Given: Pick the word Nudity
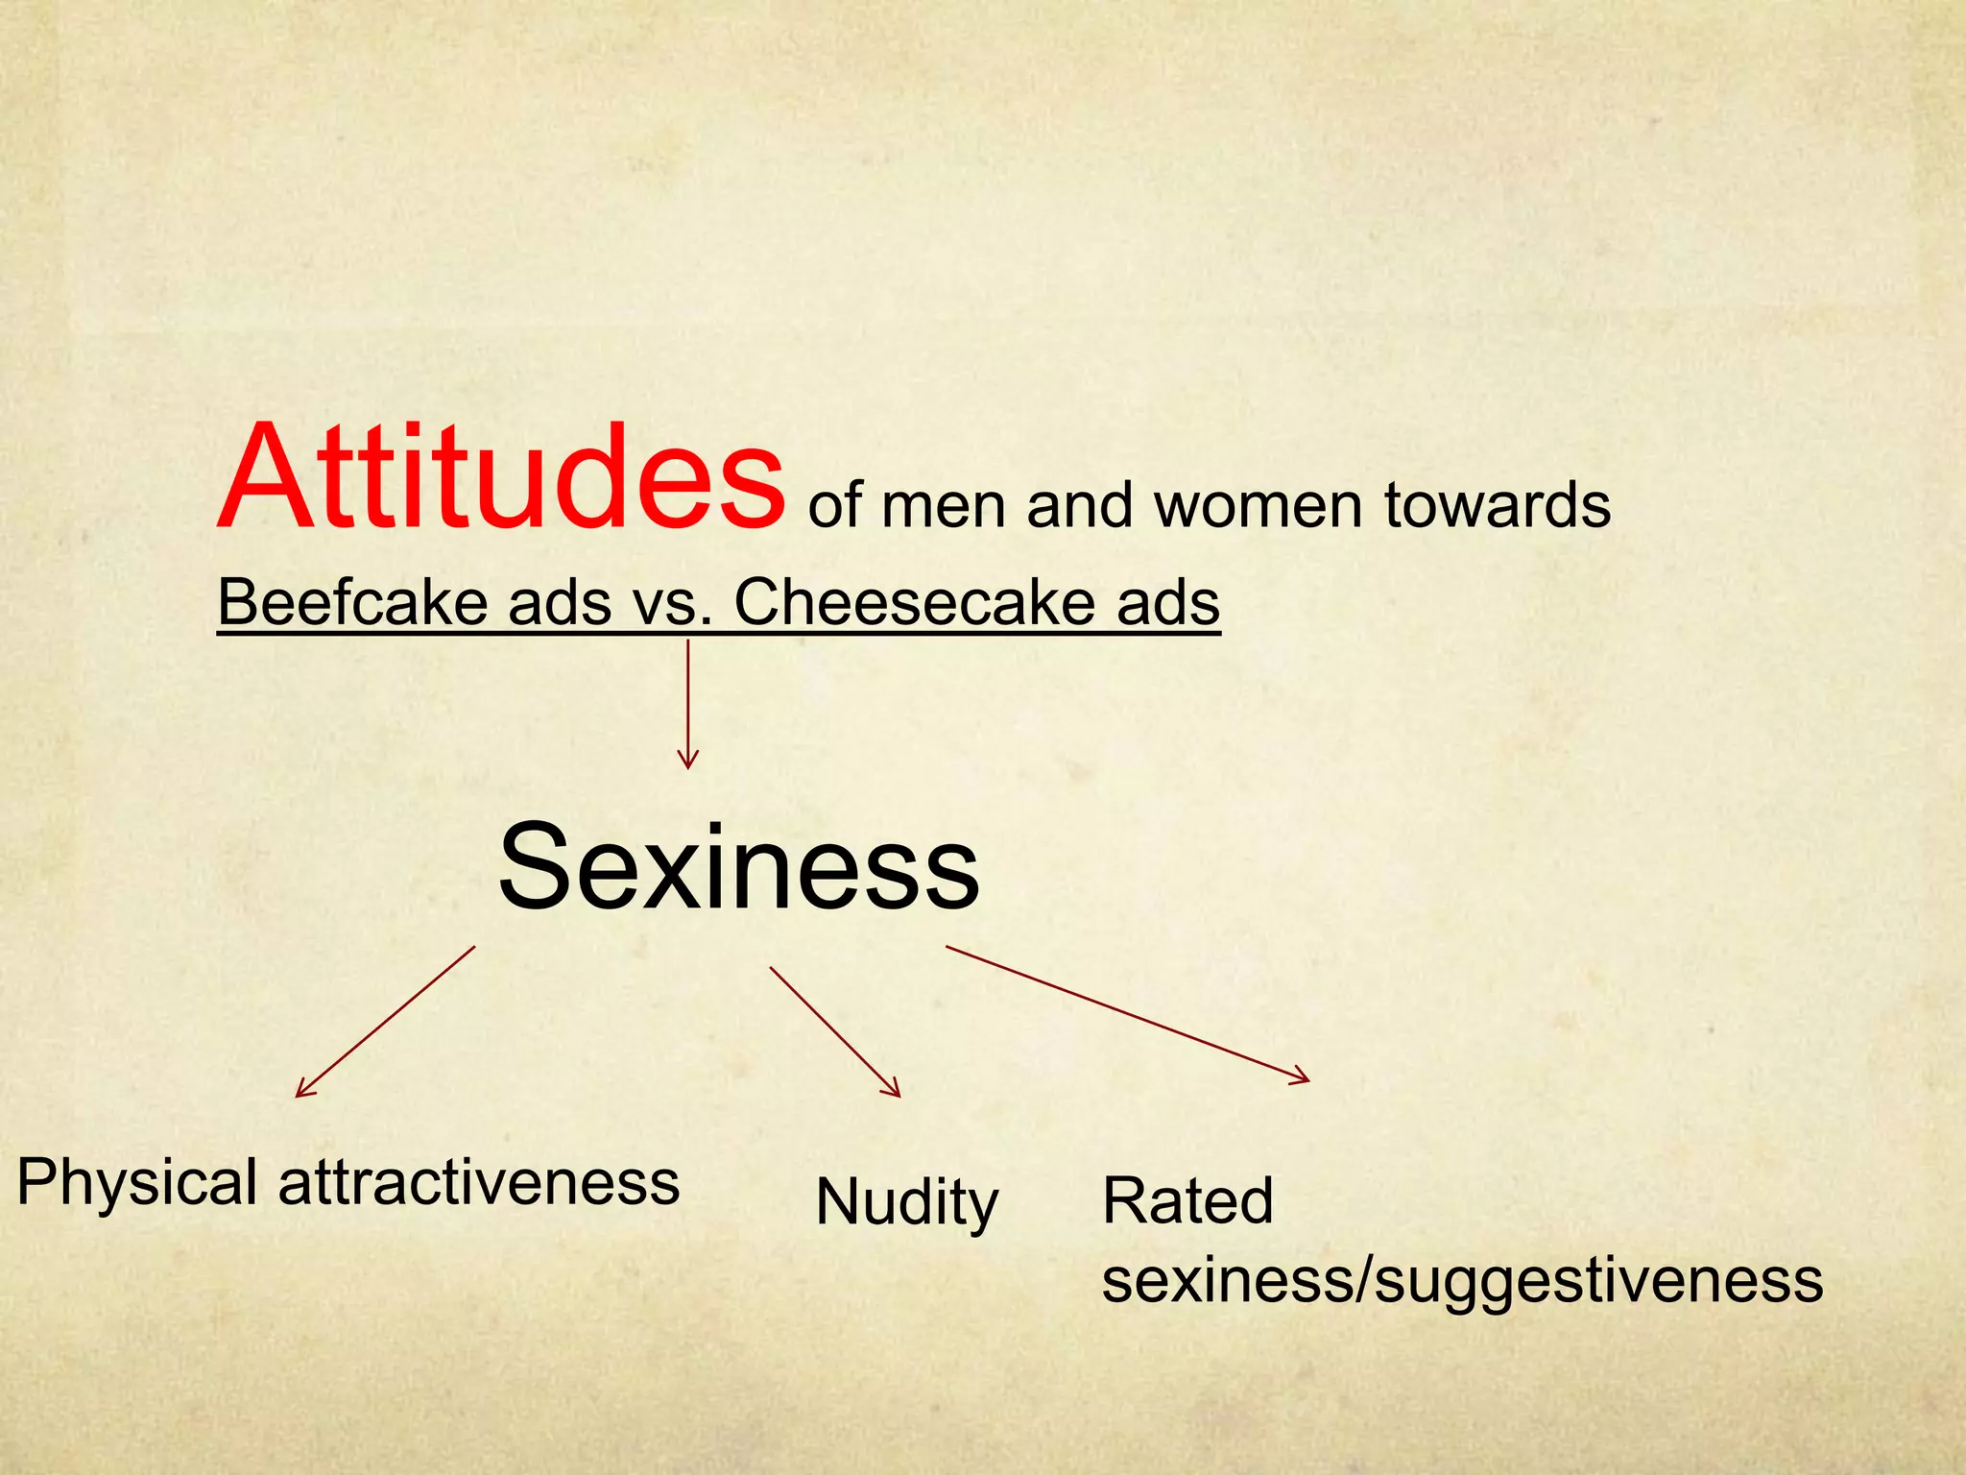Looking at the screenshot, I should click(x=907, y=1202).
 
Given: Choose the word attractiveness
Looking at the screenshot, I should click(x=479, y=1181).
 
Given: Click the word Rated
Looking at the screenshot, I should click(x=1187, y=1200).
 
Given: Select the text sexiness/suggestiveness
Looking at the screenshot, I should click(x=1462, y=1281).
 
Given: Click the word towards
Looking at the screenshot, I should click(x=1497, y=505).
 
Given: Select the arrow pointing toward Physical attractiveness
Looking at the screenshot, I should click(x=385, y=1022).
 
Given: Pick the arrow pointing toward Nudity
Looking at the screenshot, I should click(x=835, y=1031).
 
